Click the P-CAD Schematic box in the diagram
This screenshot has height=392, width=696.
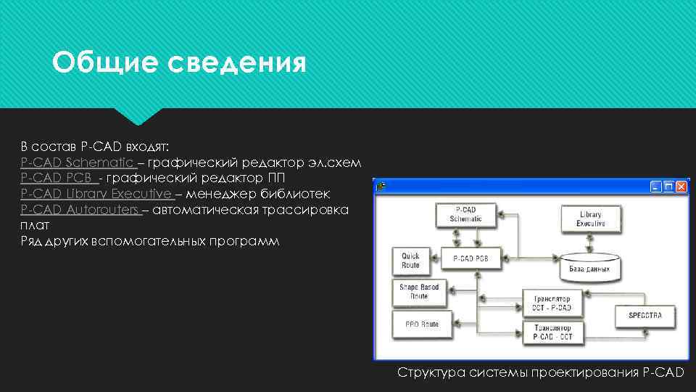click(x=465, y=215)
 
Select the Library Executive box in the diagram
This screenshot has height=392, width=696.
click(x=590, y=219)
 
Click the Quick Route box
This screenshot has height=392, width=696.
click(x=410, y=261)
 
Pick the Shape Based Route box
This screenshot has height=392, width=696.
click(x=419, y=291)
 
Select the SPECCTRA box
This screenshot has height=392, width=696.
click(x=645, y=317)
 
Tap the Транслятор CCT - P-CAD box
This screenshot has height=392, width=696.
click(x=552, y=302)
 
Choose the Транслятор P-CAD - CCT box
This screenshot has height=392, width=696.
click(x=552, y=333)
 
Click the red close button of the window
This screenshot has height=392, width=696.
click(x=681, y=187)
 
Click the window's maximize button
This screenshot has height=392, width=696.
click(x=668, y=187)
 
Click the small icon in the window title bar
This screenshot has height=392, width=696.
click(x=381, y=186)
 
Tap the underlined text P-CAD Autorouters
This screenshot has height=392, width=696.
click(x=80, y=210)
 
